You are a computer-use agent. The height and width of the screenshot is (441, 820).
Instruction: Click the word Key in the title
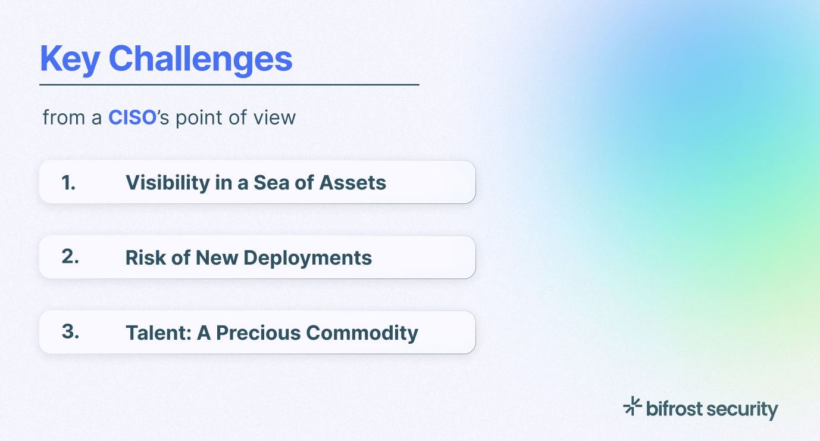70,59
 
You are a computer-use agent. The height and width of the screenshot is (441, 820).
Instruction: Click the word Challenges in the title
201,59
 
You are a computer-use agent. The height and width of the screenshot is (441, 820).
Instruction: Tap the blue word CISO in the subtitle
132,117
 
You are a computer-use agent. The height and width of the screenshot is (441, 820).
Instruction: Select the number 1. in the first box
69,182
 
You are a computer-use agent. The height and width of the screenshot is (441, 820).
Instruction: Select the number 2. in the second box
70,257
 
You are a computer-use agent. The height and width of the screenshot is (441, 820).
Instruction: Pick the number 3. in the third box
70,333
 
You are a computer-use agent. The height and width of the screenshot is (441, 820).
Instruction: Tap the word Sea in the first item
270,182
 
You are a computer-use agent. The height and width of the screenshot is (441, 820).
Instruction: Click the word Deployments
308,258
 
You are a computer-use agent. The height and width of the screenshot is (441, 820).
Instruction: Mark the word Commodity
362,333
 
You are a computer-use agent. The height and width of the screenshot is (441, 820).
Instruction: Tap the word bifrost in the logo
675,409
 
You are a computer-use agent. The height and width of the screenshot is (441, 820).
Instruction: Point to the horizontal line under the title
229,85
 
